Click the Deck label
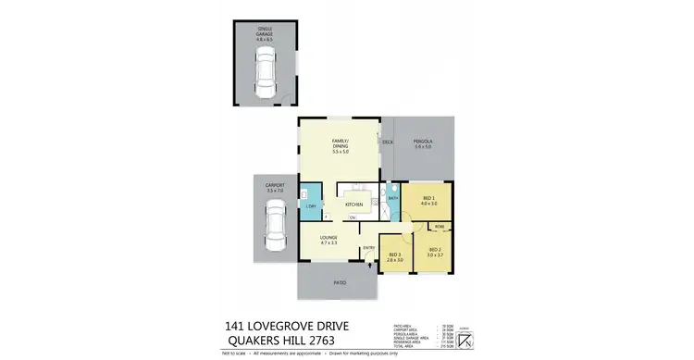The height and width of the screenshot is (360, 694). click(x=388, y=142)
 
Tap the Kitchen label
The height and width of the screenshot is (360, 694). click(x=353, y=204)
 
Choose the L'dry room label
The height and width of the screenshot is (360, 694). click(x=312, y=205)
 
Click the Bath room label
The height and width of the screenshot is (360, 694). click(x=392, y=197)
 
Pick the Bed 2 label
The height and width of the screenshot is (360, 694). click(x=435, y=251)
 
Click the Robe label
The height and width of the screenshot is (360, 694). click(x=440, y=226)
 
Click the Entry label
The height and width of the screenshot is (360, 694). click(x=368, y=247)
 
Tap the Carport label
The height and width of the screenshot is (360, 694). click(x=274, y=188)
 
